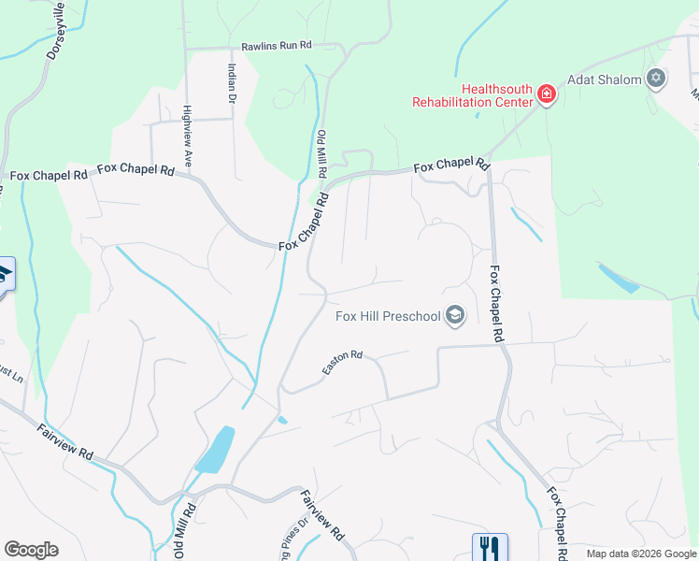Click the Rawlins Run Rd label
pyautogui.click(x=276, y=45)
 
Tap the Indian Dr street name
pyautogui.click(x=231, y=83)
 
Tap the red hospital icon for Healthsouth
pyautogui.click(x=547, y=93)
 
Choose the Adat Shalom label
pyautogui.click(x=606, y=79)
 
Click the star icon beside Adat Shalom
pyautogui.click(x=656, y=79)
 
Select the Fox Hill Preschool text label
pyautogui.click(x=388, y=316)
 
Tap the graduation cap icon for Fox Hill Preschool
pyautogui.click(x=455, y=316)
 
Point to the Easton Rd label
pyautogui.click(x=342, y=363)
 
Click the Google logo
pyautogui.click(x=31, y=550)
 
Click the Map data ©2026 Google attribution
pyautogui.click(x=641, y=554)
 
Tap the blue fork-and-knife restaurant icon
pyautogui.click(x=490, y=547)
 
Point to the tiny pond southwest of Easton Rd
pyautogui.click(x=282, y=420)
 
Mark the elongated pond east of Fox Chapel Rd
pyautogui.click(x=619, y=278)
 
